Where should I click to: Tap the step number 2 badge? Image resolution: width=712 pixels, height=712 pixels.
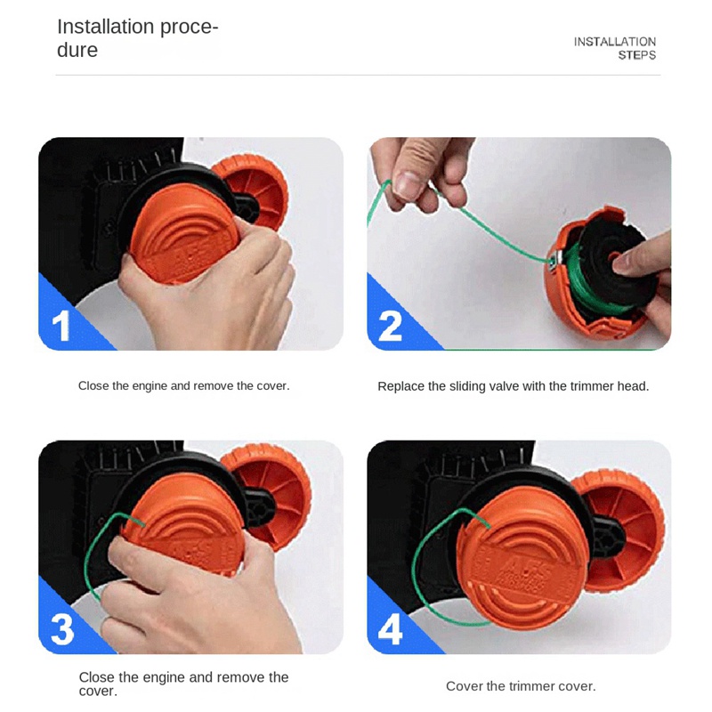pos(391,326)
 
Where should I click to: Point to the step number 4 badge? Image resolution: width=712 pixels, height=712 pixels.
pos(391,628)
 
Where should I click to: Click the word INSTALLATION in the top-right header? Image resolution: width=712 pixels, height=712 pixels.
pos(614,42)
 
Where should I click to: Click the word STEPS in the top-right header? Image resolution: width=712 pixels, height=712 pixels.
pos(636,55)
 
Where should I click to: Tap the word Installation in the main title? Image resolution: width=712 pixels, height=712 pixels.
pos(105,27)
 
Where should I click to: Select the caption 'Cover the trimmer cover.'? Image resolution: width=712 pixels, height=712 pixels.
pos(521,686)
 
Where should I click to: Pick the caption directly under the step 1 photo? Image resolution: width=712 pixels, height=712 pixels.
pos(183,386)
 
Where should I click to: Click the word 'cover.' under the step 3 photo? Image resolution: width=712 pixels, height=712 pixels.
pos(98,692)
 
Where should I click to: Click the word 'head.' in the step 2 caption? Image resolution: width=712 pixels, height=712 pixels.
pos(633,386)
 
